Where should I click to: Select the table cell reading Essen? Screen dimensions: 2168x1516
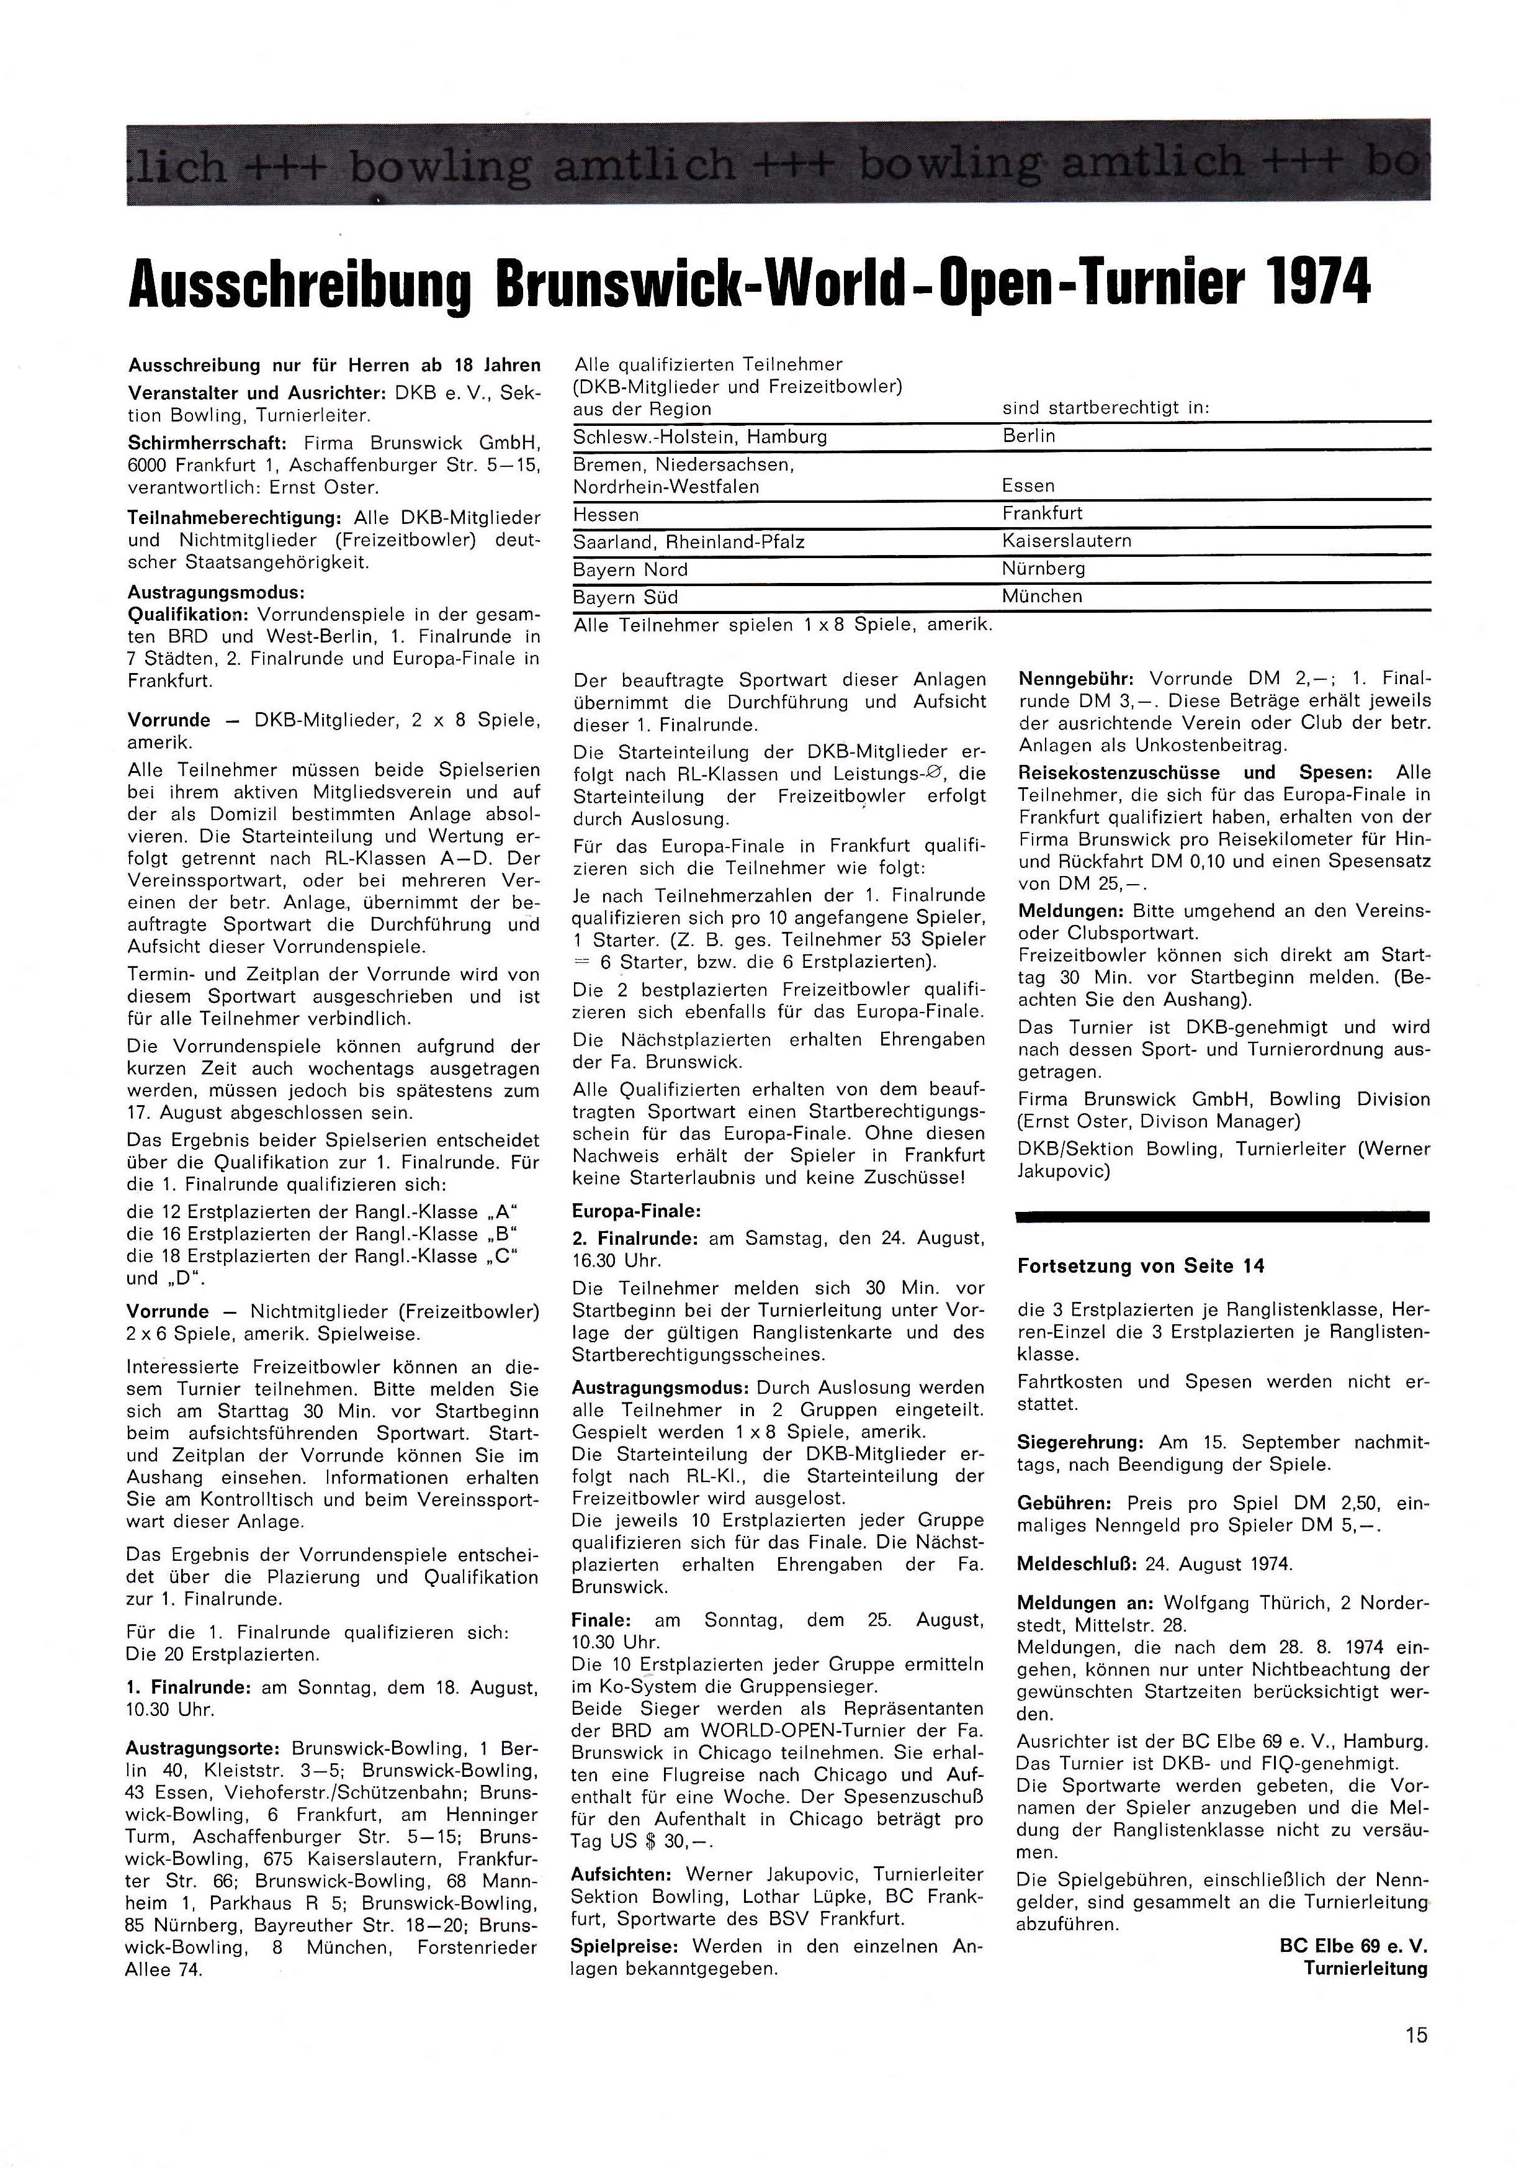click(x=1028, y=486)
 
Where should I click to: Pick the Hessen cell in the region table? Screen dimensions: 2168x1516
click(x=606, y=515)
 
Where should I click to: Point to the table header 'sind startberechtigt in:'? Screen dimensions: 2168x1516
click(x=1105, y=408)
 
